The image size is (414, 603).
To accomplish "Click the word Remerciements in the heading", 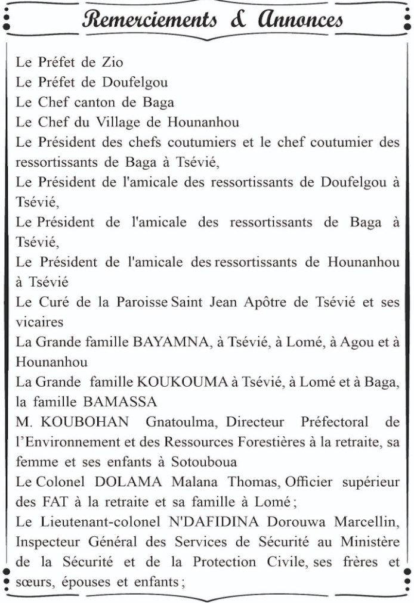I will [x=149, y=20].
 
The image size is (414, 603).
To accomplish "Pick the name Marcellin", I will [x=366, y=522].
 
